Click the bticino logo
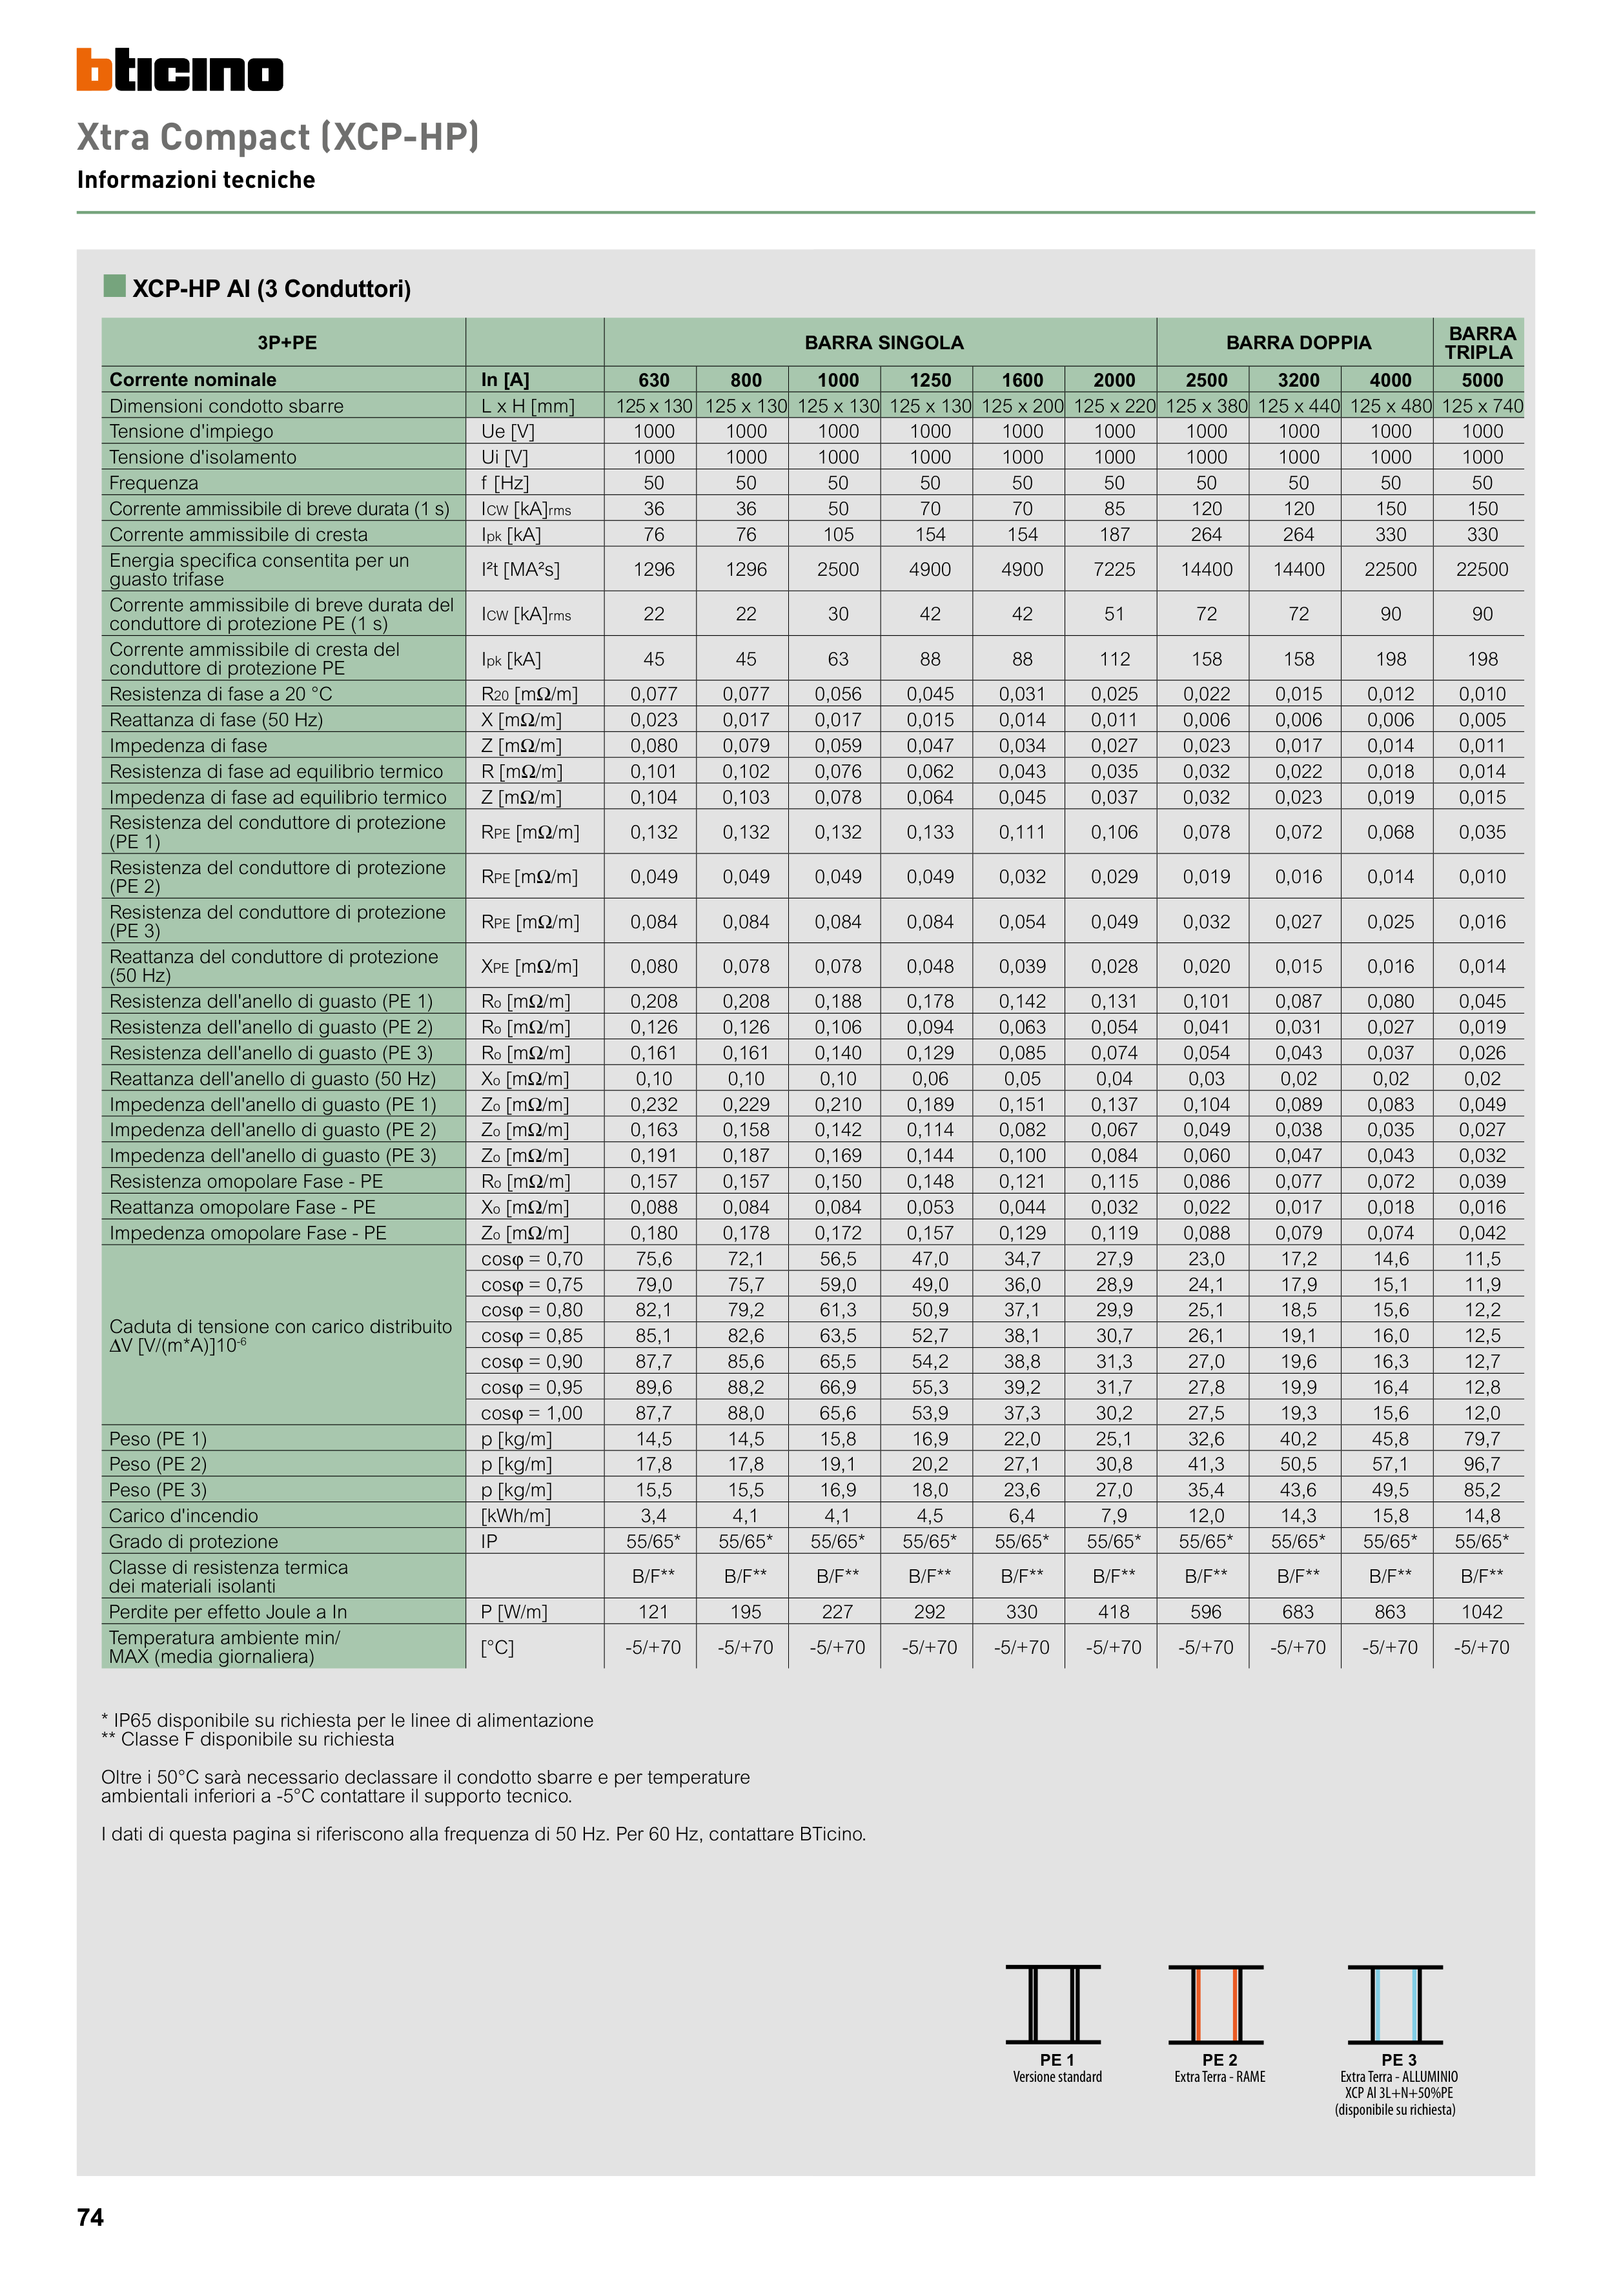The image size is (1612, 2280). [179, 70]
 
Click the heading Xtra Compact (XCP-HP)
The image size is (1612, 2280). [278, 137]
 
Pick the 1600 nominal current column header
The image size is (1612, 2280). [1022, 380]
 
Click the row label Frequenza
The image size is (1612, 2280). [154, 483]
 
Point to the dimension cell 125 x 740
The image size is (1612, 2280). [1482, 406]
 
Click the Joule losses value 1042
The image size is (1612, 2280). [1482, 1612]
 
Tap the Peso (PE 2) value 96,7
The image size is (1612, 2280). [1482, 1465]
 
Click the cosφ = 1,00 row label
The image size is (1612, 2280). [531, 1413]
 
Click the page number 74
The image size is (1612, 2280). [90, 2217]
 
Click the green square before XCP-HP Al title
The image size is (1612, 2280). [114, 286]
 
